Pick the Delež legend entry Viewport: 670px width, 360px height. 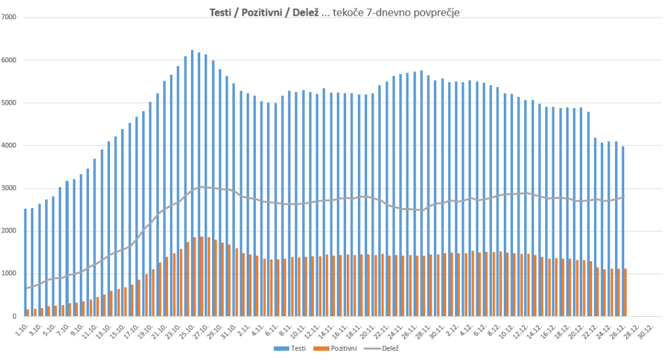coord(389,349)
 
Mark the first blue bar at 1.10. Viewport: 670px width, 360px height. coord(26,262)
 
